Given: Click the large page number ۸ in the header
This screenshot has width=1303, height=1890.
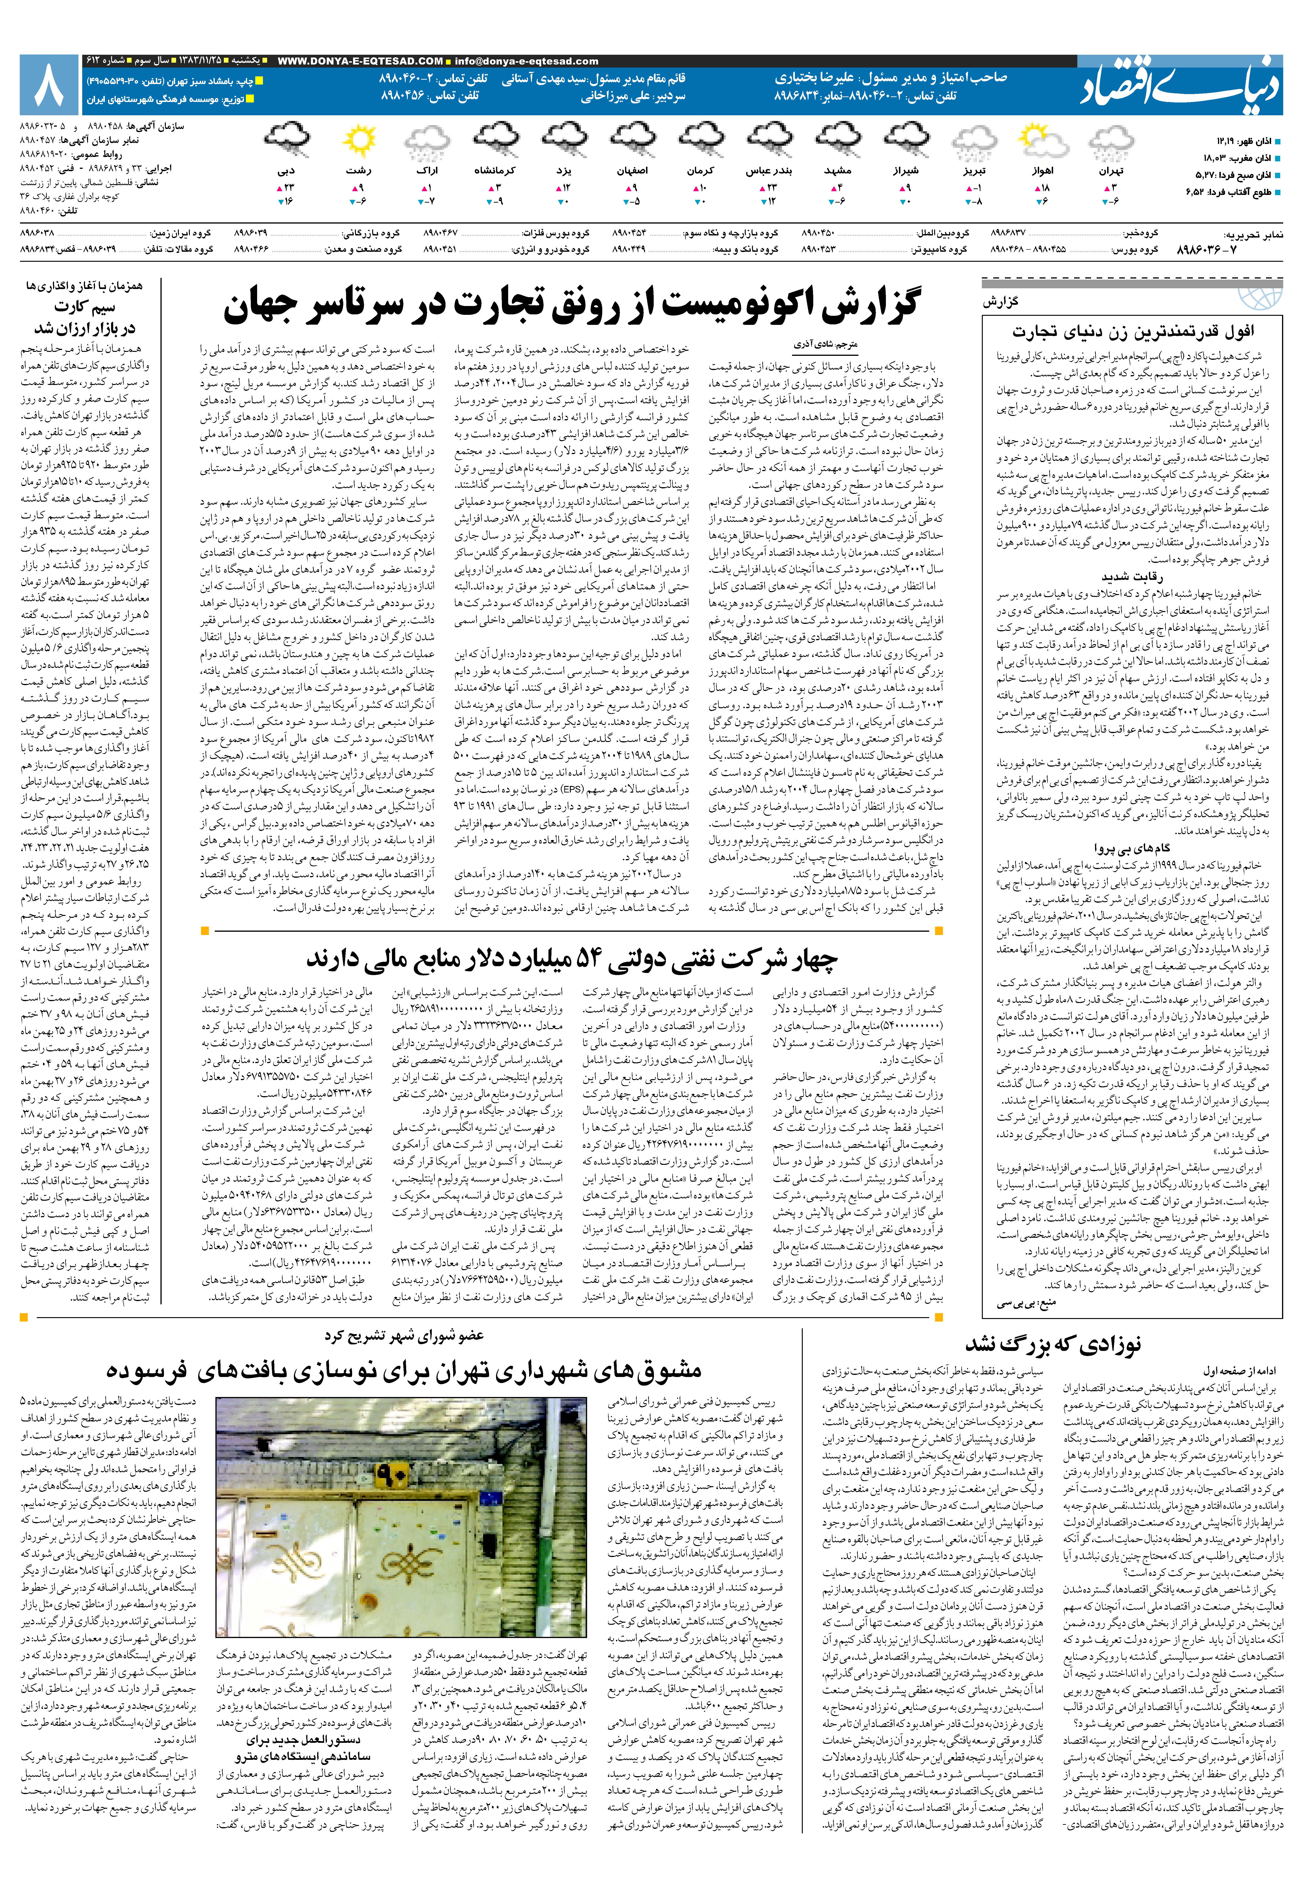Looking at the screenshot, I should coord(51,86).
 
